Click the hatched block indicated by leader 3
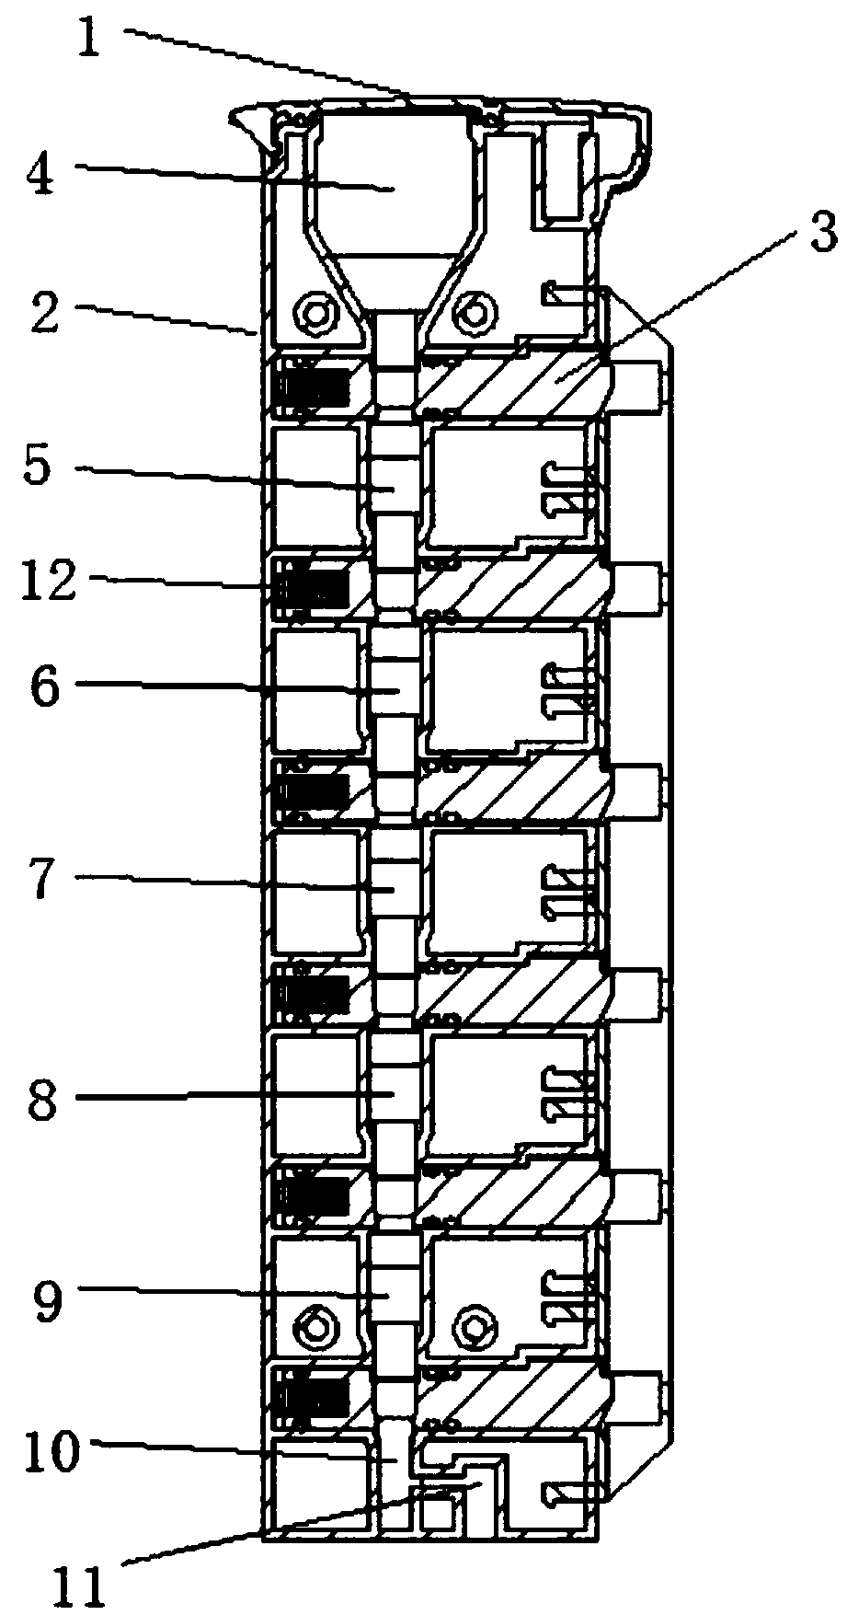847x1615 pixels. (515, 377)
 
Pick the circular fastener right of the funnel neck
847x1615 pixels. (474, 314)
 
